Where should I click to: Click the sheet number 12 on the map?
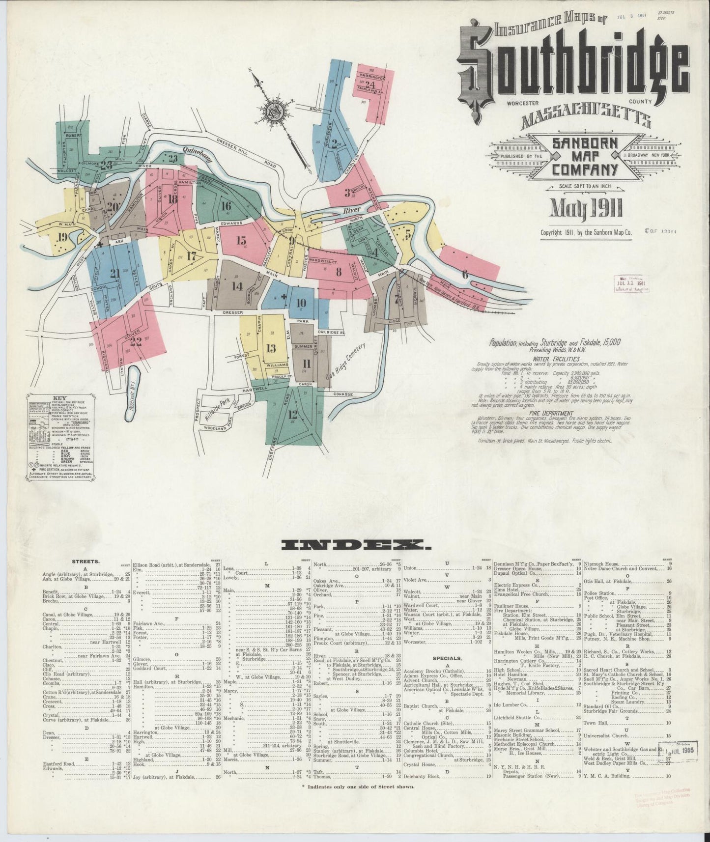tap(293, 414)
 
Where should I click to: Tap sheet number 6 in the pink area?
tap(465, 274)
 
